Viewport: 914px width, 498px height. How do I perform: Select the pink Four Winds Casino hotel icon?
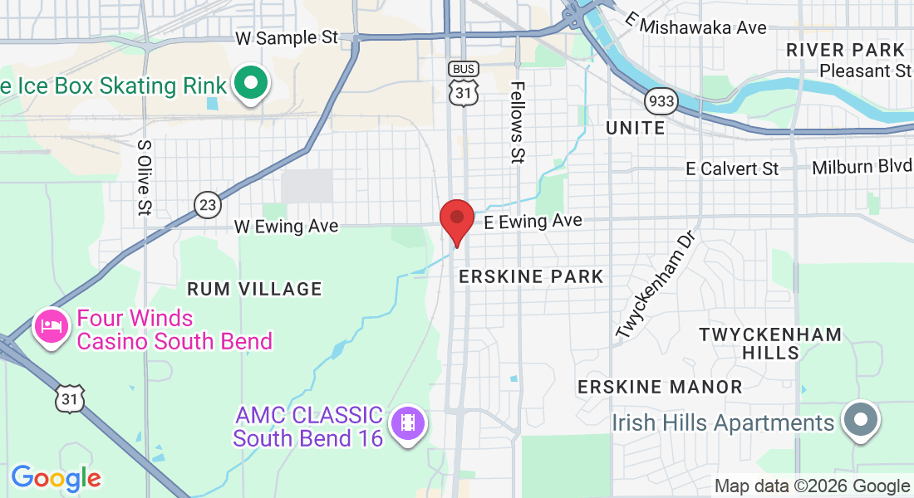52,325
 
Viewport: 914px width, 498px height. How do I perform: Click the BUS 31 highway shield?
463,84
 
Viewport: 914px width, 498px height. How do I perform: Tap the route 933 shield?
661,101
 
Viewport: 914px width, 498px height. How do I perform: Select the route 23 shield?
208,203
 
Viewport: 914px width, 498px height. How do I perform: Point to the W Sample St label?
287,38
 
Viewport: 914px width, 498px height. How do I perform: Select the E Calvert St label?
732,168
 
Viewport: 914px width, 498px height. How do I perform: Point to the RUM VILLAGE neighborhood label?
254,289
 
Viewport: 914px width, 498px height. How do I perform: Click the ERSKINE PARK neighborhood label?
531,276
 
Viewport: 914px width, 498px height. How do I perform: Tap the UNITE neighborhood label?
636,128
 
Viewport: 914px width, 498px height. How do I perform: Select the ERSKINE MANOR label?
660,387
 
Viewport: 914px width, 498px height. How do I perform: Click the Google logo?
56,478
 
